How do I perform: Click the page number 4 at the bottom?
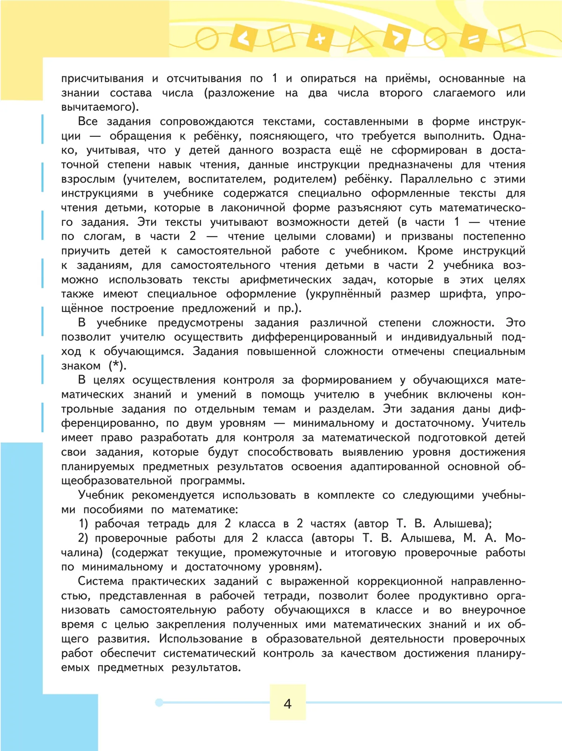pyautogui.click(x=288, y=703)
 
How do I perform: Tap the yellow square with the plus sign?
pyautogui.click(x=320, y=38)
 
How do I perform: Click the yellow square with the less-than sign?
pyautogui.click(x=244, y=38)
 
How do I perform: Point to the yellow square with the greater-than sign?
pyautogui.click(x=397, y=38)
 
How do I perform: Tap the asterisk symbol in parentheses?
pyautogui.click(x=117, y=365)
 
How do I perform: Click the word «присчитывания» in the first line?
pyautogui.click(x=102, y=79)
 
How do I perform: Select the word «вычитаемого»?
pyautogui.click(x=99, y=107)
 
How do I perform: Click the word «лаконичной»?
pyautogui.click(x=253, y=207)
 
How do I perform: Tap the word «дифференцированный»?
pyautogui.click(x=314, y=337)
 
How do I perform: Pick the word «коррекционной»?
pyautogui.click(x=399, y=581)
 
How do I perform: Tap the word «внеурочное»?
pyautogui.click(x=494, y=610)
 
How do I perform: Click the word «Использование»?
pyautogui.click(x=200, y=639)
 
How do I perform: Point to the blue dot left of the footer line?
pyautogui.click(x=159, y=702)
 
